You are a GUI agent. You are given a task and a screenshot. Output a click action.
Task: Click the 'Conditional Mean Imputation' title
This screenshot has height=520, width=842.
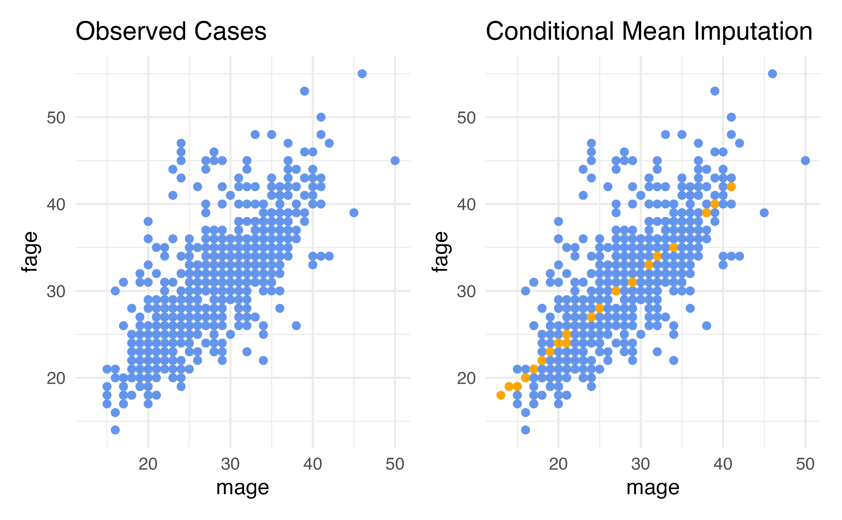pos(649,31)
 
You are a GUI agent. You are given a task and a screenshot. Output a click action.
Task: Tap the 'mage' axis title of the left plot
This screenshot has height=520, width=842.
pos(243,487)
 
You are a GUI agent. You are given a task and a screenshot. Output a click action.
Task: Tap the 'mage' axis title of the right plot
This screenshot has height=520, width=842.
pos(653,487)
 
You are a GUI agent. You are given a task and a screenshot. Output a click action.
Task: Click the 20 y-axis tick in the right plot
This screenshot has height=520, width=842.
pos(466,378)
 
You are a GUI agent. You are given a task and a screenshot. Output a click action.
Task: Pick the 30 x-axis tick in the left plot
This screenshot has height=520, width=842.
pos(230,464)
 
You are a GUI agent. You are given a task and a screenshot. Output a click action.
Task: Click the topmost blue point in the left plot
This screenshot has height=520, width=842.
pos(362,74)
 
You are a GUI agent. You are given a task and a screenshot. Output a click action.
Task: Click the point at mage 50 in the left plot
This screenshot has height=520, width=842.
pos(395,161)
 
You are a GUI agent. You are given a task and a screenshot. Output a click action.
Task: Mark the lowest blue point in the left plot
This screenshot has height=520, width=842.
pos(115,430)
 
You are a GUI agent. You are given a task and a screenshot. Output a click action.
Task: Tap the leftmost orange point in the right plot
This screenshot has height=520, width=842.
pos(501,395)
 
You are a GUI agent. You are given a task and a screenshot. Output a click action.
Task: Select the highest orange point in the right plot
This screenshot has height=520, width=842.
pos(731,187)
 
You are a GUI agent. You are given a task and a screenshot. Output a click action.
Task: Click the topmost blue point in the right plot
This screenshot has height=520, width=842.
pos(772,74)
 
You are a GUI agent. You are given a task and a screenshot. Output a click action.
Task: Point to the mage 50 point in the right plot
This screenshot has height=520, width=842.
pos(805,161)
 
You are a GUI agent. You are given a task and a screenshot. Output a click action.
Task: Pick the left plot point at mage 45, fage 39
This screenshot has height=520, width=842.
pos(354,213)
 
